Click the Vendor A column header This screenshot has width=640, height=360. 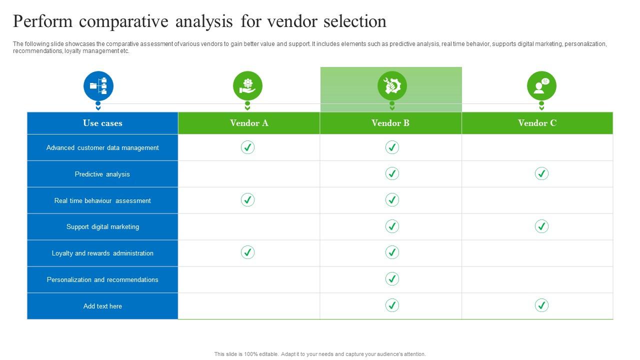[249, 123]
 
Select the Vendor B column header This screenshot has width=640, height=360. [390, 123]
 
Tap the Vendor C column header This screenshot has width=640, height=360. [537, 123]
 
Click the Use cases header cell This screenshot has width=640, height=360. [102, 123]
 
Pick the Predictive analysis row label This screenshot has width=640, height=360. [102, 174]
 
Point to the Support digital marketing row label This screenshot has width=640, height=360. [102, 227]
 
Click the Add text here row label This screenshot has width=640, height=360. [102, 306]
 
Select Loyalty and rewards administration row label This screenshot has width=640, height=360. [102, 253]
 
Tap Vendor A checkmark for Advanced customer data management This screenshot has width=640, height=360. [247, 147]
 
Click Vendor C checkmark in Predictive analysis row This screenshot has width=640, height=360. [541, 173]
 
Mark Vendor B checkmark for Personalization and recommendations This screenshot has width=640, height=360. [392, 279]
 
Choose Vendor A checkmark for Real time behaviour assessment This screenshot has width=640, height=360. [247, 200]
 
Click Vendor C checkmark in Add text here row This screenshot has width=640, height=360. [541, 305]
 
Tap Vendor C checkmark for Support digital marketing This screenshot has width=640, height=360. [541, 226]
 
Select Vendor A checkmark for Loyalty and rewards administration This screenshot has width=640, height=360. [247, 252]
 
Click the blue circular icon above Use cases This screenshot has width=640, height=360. [98, 86]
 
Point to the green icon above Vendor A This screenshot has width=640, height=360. [247, 86]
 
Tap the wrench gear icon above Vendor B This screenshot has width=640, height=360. [392, 86]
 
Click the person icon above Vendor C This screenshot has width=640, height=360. [541, 86]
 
